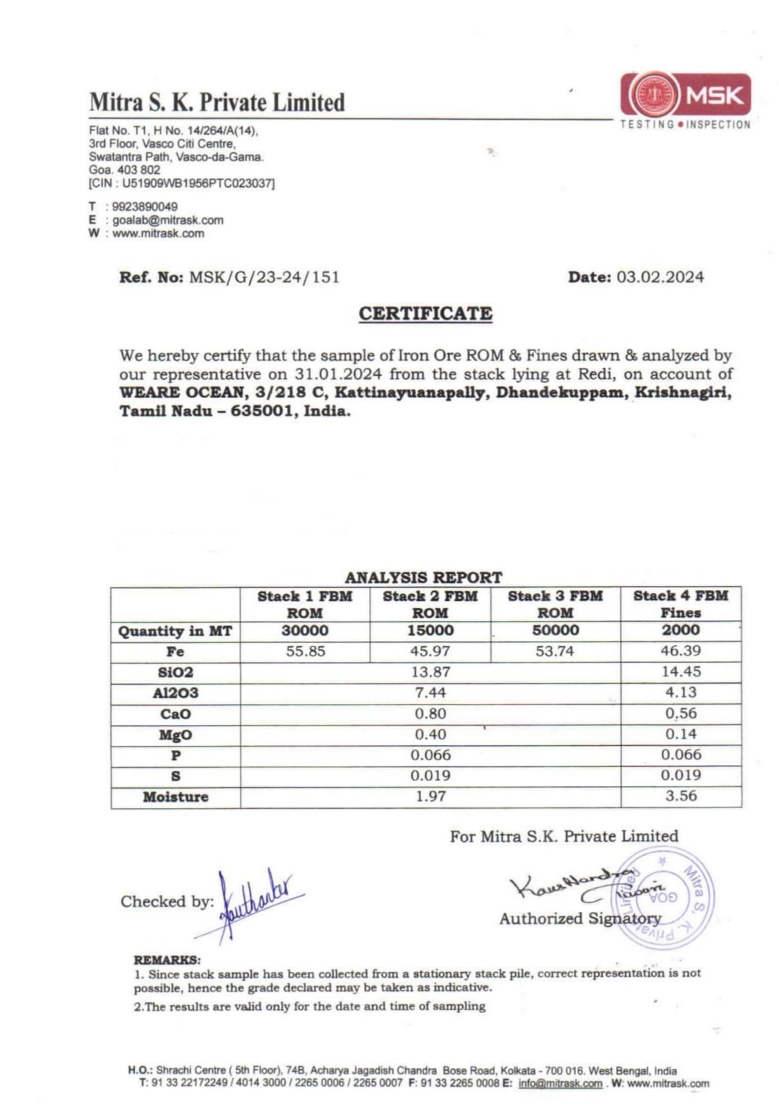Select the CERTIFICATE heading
coord(425,313)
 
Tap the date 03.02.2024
coord(660,277)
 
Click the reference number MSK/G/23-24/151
coord(263,277)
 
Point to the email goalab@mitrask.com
coord(168,220)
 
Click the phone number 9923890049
coord(145,207)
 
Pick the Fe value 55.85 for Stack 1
coord(305,651)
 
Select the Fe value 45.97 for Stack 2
coord(430,651)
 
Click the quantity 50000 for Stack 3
coord(555,631)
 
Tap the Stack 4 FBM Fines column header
coord(680,604)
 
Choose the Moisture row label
coord(175,797)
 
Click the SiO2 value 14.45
coord(680,672)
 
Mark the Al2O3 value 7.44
coord(430,693)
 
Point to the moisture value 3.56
coord(680,796)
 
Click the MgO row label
coord(175,735)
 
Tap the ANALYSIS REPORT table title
coord(423,578)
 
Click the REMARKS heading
coord(167,960)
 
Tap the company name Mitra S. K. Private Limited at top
coord(216,103)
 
